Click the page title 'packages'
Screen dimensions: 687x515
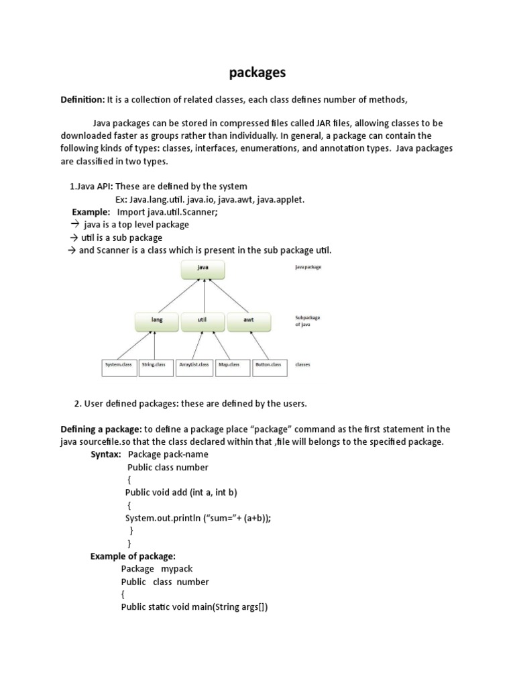tap(257, 72)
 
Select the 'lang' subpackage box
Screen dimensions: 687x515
tap(156, 321)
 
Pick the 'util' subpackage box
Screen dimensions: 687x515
tap(202, 321)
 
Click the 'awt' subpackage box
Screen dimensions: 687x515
tap(249, 321)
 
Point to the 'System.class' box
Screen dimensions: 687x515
tap(119, 366)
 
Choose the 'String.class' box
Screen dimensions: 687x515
tap(155, 366)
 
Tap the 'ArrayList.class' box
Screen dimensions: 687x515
tap(194, 366)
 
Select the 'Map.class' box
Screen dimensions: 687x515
tap(231, 366)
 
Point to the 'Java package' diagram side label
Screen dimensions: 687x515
tap(308, 267)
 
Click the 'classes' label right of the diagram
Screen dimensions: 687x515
tap(302, 366)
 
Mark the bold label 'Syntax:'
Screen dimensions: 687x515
tap(106, 455)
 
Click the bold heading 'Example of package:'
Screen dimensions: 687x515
tap(133, 556)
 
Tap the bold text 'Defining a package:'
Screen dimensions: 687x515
tap(101, 429)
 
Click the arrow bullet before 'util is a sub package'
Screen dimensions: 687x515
tap(74, 237)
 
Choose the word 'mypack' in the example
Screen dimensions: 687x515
tap(176, 569)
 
